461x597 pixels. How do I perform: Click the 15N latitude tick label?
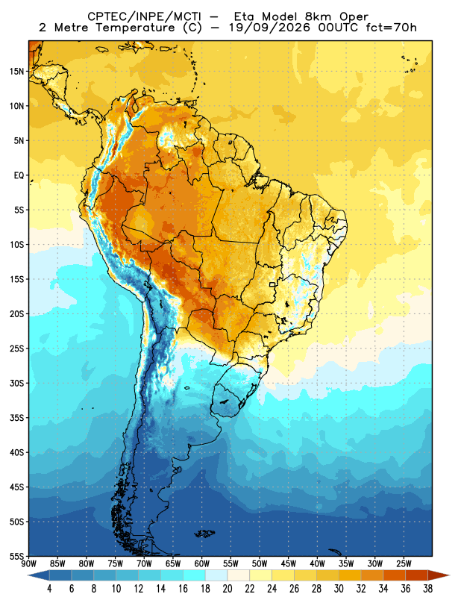16,71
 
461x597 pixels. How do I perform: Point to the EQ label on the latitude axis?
19,175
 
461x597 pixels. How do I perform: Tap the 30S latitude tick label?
16,383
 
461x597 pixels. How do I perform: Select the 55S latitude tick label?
16,556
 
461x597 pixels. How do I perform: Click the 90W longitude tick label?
29,563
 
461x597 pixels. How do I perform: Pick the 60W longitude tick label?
201,563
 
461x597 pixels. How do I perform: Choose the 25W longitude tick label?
404,563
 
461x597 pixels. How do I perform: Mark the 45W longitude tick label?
289,563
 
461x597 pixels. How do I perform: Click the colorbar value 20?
228,589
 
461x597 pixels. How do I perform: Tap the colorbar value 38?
428,589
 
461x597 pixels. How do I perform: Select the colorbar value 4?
49,589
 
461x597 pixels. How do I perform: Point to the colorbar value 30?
339,589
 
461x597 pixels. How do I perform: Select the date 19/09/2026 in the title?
269,28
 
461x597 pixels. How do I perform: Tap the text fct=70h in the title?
392,28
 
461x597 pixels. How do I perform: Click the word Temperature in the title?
135,28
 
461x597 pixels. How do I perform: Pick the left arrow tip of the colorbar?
28,575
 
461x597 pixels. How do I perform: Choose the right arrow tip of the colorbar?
450,575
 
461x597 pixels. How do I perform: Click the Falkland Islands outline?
204,534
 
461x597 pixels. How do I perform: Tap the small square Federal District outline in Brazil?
272,284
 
